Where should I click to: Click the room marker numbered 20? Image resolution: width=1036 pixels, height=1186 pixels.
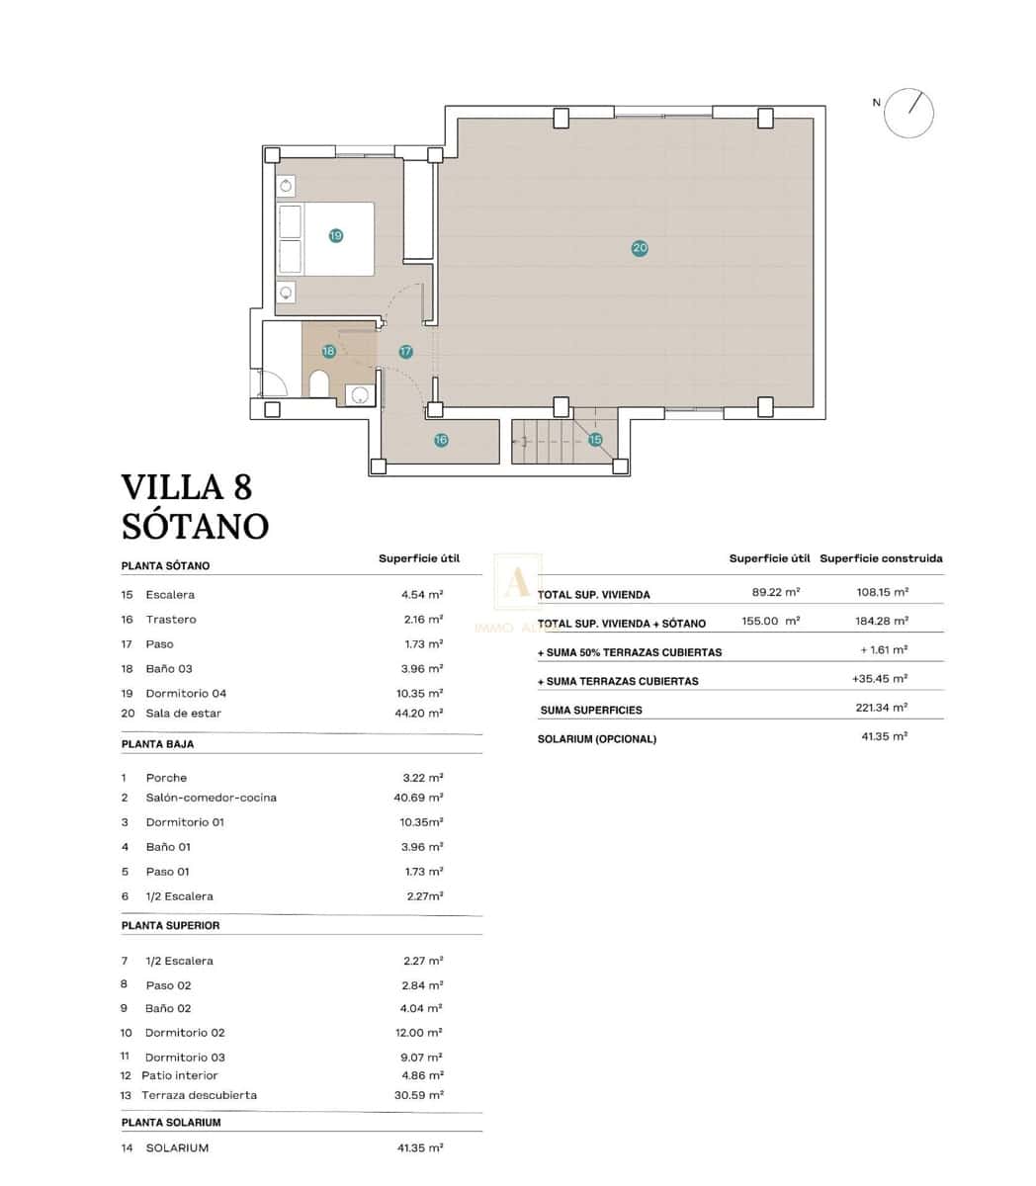[x=640, y=248]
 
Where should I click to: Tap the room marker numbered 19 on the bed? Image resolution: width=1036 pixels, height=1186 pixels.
[x=336, y=235]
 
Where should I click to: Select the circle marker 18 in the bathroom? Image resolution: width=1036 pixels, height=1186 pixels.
[x=329, y=351]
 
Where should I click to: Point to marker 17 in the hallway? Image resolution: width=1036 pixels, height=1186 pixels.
[x=405, y=352]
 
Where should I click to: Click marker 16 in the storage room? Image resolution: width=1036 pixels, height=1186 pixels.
[x=441, y=440]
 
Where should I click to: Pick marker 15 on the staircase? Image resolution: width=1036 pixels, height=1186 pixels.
[x=595, y=440]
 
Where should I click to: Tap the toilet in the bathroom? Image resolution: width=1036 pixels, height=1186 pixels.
[x=319, y=383]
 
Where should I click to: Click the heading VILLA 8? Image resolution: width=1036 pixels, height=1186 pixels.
[x=187, y=487]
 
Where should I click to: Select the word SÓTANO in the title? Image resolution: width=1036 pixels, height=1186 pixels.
[x=195, y=526]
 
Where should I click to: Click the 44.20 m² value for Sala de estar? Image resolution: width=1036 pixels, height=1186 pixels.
[x=419, y=713]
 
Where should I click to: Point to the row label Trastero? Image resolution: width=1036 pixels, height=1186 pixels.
[x=171, y=620]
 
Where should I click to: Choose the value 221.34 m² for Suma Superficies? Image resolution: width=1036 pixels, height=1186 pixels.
[x=881, y=708]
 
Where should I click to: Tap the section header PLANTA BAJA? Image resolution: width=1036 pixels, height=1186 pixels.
[x=158, y=743]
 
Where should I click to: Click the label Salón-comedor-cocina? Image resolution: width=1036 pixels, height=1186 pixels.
[x=211, y=798]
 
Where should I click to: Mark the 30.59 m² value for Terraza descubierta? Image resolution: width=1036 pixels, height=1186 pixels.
[x=419, y=1095]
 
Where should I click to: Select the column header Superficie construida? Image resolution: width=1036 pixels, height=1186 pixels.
[x=881, y=558]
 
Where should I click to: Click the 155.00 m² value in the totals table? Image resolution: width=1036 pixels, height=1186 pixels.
[x=770, y=622]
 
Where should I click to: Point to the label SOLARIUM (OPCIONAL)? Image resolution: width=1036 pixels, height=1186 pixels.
[x=597, y=739]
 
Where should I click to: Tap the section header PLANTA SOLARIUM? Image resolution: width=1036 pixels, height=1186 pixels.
[x=171, y=1123]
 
